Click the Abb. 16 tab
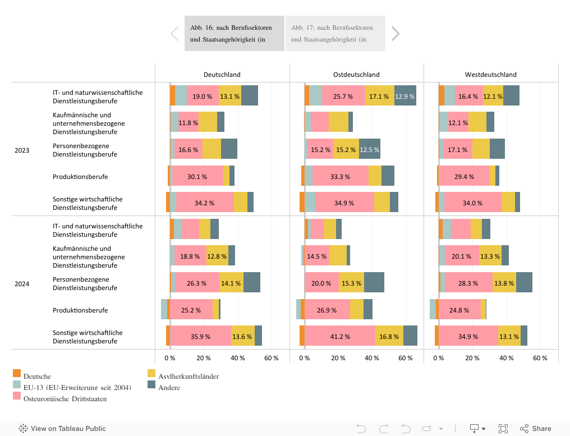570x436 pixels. (x=234, y=33)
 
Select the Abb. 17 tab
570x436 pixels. (x=335, y=33)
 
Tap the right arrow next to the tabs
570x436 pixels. (x=395, y=34)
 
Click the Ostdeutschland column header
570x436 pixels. (x=356, y=74)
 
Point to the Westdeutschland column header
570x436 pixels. (x=490, y=74)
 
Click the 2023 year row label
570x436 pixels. (x=22, y=150)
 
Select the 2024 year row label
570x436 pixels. (x=22, y=284)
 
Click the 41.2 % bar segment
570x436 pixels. (x=340, y=336)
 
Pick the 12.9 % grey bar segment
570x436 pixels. (x=405, y=96)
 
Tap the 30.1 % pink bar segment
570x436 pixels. (x=197, y=176)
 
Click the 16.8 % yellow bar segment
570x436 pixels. (x=389, y=336)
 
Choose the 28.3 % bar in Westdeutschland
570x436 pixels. (x=468, y=283)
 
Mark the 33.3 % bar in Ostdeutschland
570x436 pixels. (x=340, y=176)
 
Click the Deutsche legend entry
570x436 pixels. (x=37, y=377)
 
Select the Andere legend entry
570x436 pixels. (x=169, y=387)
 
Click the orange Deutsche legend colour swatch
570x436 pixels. (x=17, y=373)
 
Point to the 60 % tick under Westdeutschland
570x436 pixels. (x=540, y=358)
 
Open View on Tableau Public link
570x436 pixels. (x=62, y=428)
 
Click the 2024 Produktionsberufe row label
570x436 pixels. (x=80, y=310)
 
